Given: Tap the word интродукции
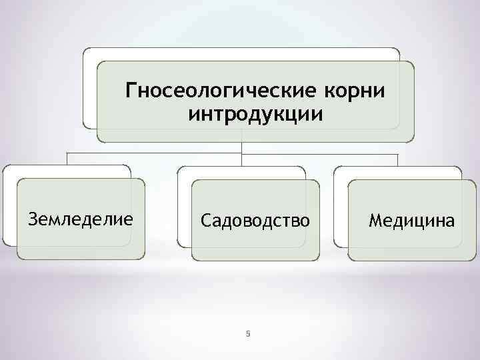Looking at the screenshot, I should pyautogui.click(x=256, y=114).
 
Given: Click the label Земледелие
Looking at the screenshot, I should pyautogui.click(x=79, y=219).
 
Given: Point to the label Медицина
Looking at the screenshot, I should pyautogui.click(x=412, y=219).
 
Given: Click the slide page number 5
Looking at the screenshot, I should pyautogui.click(x=247, y=334).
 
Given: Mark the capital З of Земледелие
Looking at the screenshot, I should pyautogui.click(x=31, y=219).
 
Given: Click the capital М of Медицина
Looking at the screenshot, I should pyautogui.click(x=376, y=219).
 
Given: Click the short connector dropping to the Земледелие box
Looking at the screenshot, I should pyautogui.click(x=67, y=159).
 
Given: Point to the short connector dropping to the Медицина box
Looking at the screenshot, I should pyautogui.click(x=398, y=159).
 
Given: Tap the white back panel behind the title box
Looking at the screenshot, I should pyautogui.click(x=90, y=87).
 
